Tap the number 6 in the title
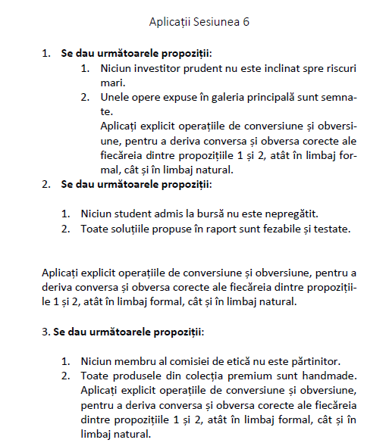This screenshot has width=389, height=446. tap(246, 22)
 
